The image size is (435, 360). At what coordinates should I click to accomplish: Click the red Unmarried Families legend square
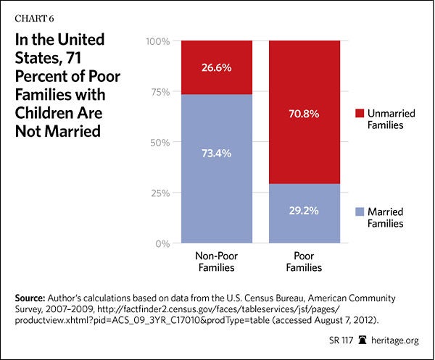point(360,114)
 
